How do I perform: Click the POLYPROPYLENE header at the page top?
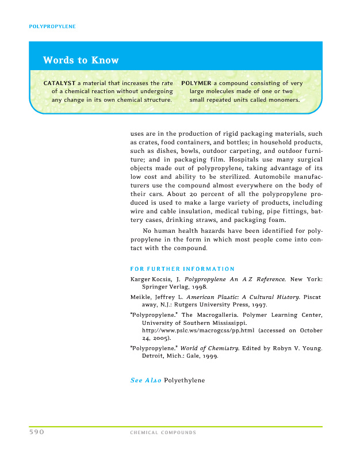[x=52, y=26]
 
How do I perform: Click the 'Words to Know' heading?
[x=81, y=60]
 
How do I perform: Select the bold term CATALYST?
[x=60, y=83]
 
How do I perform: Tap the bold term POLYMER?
[x=196, y=83]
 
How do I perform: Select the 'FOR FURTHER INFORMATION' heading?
[x=182, y=269]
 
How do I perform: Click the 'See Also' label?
[x=145, y=381]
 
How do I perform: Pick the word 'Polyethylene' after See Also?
[x=185, y=381]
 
